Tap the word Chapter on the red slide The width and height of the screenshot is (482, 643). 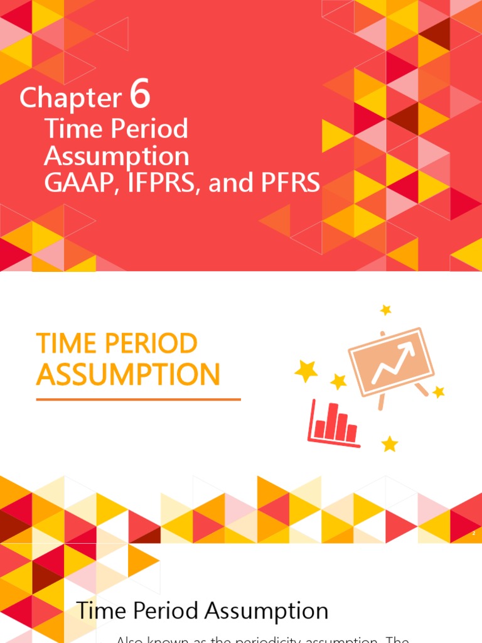70,98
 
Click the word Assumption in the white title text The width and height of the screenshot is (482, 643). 116,157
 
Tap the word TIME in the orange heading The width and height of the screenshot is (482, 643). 66,343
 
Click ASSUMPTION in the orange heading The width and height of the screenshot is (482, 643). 128,375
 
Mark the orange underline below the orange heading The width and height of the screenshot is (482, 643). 138,399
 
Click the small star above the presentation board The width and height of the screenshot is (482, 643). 385,310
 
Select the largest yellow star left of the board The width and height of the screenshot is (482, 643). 306,371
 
